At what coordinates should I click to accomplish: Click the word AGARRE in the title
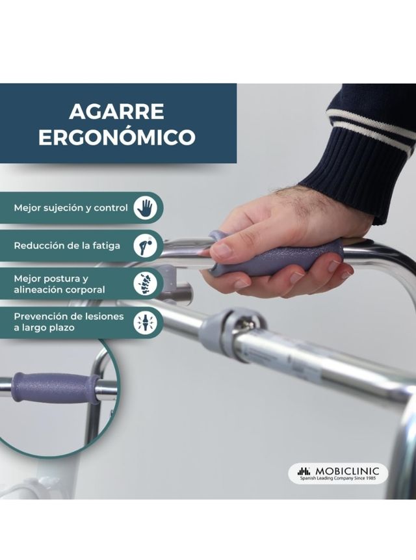[x=116, y=112]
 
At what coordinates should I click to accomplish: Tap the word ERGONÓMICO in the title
[x=116, y=137]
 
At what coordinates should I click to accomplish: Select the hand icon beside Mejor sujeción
[x=145, y=208]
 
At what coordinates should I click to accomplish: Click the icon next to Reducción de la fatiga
[x=145, y=246]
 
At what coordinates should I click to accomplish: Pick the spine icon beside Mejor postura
[x=145, y=284]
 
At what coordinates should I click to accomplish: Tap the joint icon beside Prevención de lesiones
[x=145, y=322]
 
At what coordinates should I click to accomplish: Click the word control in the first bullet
[x=111, y=208]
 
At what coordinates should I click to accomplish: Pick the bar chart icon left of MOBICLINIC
[x=304, y=470]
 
